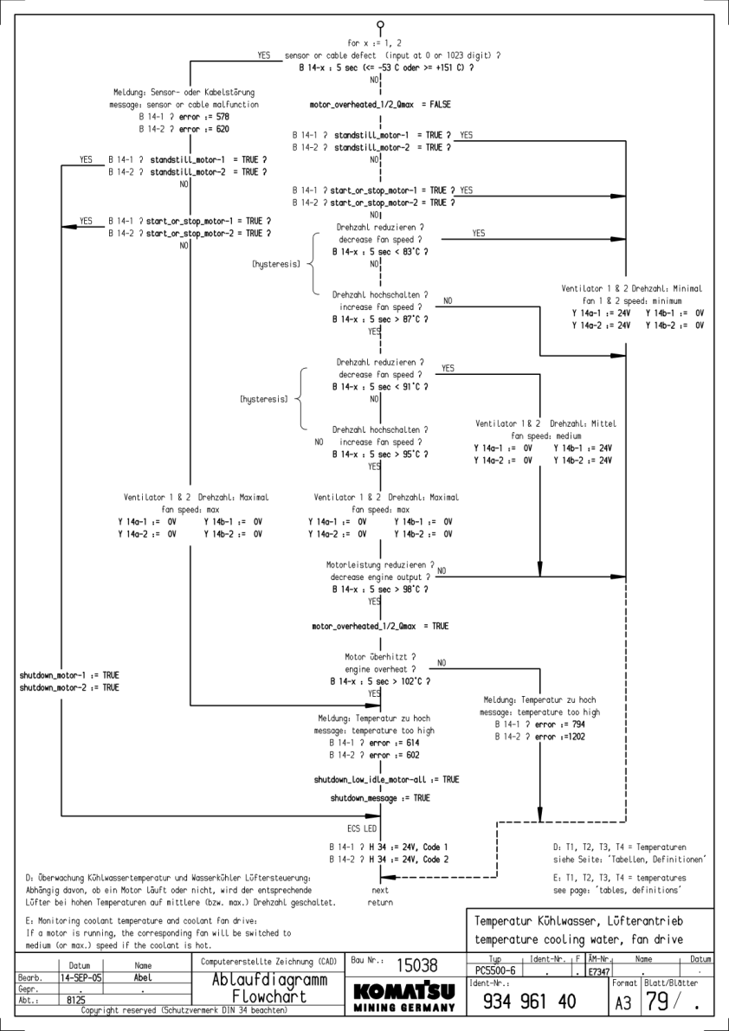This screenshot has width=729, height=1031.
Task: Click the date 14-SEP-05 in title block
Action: point(79,975)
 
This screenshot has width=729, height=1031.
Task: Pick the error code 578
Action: point(223,116)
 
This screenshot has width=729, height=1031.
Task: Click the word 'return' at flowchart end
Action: point(380,902)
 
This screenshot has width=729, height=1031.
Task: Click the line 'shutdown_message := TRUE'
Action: point(380,797)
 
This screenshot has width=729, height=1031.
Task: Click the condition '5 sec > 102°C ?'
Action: point(391,681)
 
